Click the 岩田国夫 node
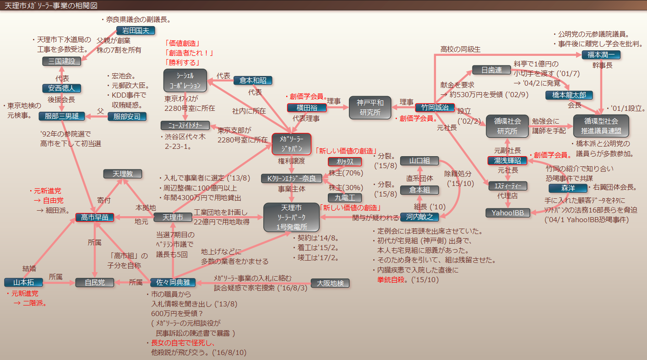(136, 31)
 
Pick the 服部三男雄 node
(62, 116)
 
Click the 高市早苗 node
(95, 217)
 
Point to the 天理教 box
(120, 174)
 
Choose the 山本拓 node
(23, 283)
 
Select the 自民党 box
(95, 283)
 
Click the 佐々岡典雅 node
(170, 283)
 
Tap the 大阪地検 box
(330, 283)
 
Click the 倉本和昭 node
(253, 81)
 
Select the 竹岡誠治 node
(435, 108)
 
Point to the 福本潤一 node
(601, 55)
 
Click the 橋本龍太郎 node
(569, 95)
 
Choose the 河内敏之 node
(420, 217)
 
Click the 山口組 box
(419, 161)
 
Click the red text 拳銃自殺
(392, 279)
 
